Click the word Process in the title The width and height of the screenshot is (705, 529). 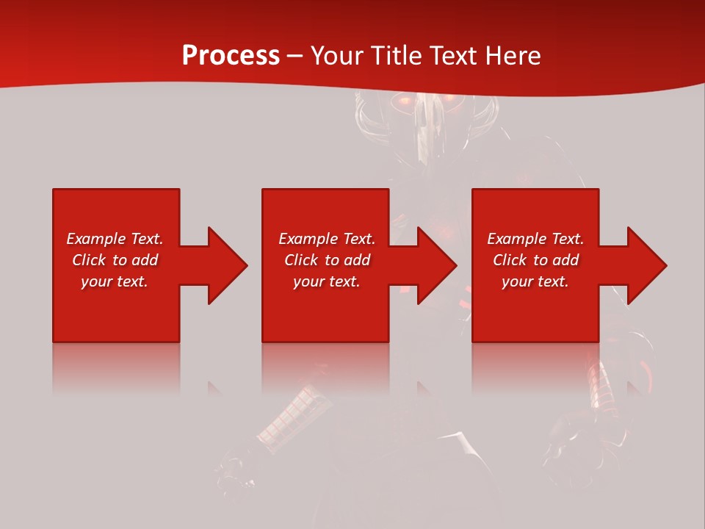click(x=231, y=56)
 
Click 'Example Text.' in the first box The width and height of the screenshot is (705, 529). click(x=115, y=239)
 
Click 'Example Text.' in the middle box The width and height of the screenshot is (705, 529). click(x=327, y=239)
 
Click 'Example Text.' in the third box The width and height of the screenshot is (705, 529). click(x=535, y=239)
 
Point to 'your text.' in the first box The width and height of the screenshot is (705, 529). click(x=115, y=281)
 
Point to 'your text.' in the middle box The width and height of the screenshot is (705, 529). click(x=327, y=281)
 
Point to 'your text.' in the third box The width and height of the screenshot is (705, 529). click(x=535, y=281)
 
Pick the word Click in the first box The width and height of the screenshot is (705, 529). click(x=89, y=260)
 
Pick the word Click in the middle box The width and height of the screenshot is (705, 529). click(x=301, y=260)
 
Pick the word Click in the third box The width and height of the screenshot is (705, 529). click(x=510, y=260)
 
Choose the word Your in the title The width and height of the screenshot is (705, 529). click(x=337, y=56)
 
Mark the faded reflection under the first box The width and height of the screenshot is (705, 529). click(x=116, y=367)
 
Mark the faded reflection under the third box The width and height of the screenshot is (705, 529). click(x=535, y=367)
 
